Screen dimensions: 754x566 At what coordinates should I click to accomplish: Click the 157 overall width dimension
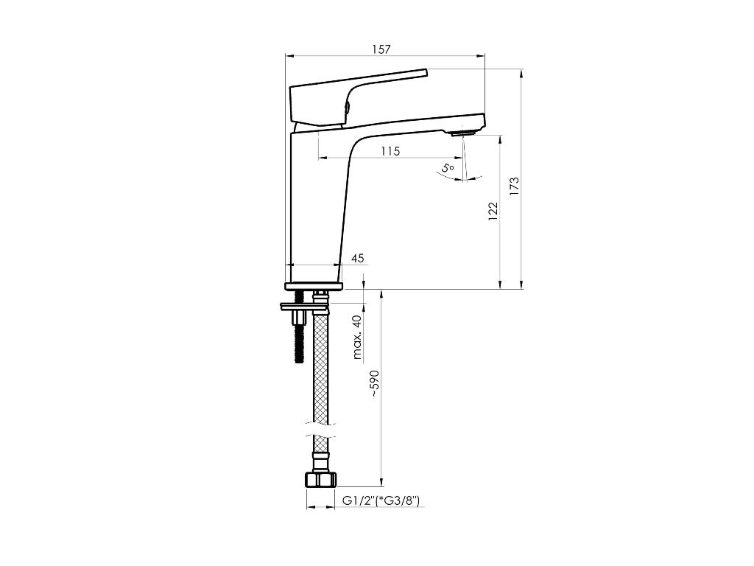coord(381,49)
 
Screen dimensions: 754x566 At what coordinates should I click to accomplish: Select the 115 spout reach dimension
coord(390,151)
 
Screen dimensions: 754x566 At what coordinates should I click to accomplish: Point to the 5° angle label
coord(448,168)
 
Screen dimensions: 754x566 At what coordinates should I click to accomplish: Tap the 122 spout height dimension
coord(493,212)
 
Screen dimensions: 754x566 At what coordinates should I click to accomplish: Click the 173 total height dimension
coord(515,186)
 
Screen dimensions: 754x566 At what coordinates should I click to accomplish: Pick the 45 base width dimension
coord(358,259)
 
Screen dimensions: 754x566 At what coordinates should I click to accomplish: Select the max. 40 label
coord(357,338)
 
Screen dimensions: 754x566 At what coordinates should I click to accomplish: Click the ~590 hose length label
coord(375,383)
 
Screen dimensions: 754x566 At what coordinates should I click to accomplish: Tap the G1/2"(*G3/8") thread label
coord(381,501)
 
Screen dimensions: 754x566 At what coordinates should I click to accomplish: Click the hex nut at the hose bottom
coord(321,480)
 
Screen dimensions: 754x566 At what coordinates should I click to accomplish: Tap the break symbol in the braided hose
coord(320,430)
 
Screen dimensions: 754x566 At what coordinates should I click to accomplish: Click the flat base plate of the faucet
coord(314,287)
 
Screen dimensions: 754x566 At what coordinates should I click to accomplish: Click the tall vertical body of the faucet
coord(317,207)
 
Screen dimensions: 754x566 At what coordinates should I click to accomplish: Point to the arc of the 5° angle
coord(461,178)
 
